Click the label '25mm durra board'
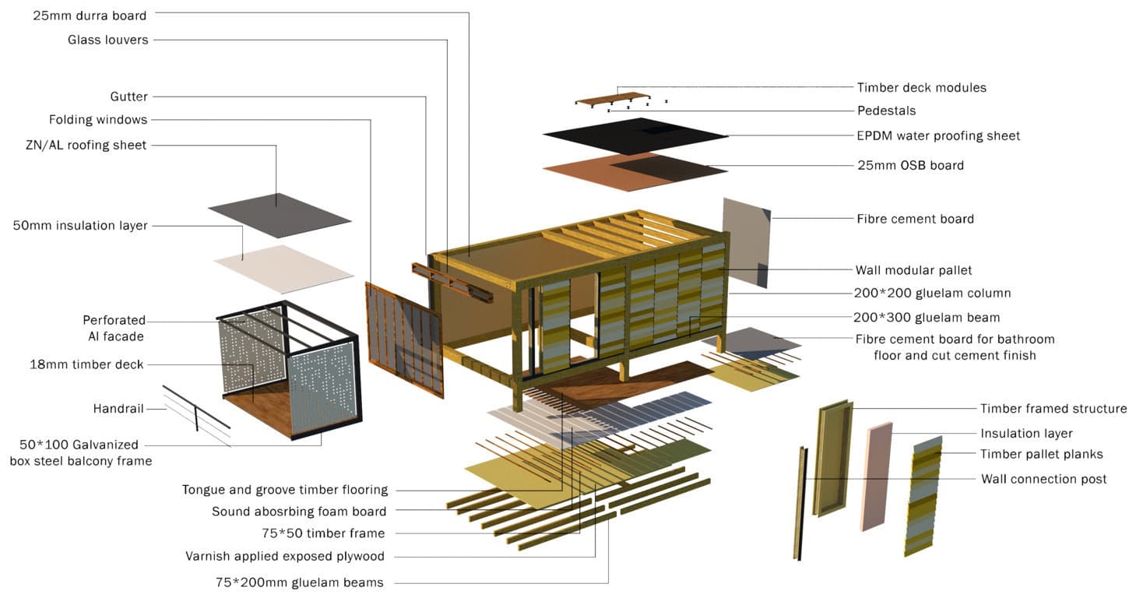pyautogui.click(x=90, y=15)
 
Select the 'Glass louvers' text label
pyautogui.click(x=107, y=40)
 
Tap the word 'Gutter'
pyautogui.click(x=128, y=97)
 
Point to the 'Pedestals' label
pyautogui.click(x=886, y=111)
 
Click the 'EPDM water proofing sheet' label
pyautogui.click(x=938, y=135)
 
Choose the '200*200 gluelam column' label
pyautogui.click(x=932, y=294)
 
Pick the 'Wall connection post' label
pyautogui.click(x=1043, y=479)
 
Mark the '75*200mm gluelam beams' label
pyautogui.click(x=299, y=582)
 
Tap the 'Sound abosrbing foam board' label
pyautogui.click(x=299, y=512)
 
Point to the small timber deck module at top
pyautogui.click(x=611, y=99)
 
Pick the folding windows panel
pyautogui.click(x=404, y=339)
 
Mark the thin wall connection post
pyautogui.click(x=800, y=502)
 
